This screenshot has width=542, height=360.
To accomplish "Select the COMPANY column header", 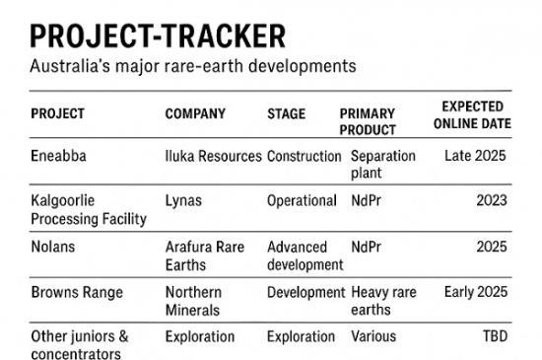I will (195, 113).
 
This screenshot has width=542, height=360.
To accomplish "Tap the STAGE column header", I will (287, 113).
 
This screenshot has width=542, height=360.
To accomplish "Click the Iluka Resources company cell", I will (213, 156).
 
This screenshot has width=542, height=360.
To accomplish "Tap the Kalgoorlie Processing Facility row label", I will (89, 209).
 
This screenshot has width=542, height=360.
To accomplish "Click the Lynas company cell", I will (183, 200).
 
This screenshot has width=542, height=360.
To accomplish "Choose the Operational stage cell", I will (302, 200).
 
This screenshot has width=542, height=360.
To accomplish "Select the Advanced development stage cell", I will (305, 254).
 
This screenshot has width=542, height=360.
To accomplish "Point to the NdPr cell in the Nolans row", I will (369, 246).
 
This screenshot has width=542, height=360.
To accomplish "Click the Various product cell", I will (373, 336).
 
